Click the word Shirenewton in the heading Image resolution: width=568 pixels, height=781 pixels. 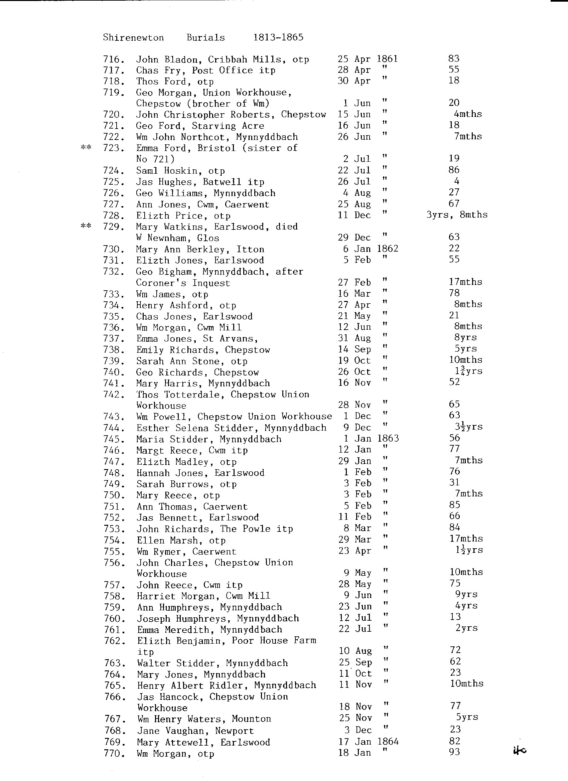(133, 37)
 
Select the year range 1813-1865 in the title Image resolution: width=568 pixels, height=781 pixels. (278, 37)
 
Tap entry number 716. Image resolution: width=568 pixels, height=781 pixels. (113, 59)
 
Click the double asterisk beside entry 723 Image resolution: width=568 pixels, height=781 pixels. (86, 148)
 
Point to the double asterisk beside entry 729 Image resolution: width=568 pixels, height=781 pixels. (86, 226)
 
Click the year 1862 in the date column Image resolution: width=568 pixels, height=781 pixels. (388, 249)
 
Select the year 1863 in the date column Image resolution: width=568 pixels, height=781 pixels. (388, 438)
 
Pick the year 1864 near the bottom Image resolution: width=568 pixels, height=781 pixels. (388, 741)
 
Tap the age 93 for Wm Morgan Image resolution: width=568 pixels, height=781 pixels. (455, 752)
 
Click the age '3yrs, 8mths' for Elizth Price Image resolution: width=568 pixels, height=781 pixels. (457, 215)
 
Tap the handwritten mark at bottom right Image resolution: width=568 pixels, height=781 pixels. (520, 751)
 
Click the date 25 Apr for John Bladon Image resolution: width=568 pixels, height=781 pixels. (354, 59)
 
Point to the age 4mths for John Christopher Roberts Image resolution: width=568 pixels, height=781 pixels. (467, 114)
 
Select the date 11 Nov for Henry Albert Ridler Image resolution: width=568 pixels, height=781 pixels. (355, 684)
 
